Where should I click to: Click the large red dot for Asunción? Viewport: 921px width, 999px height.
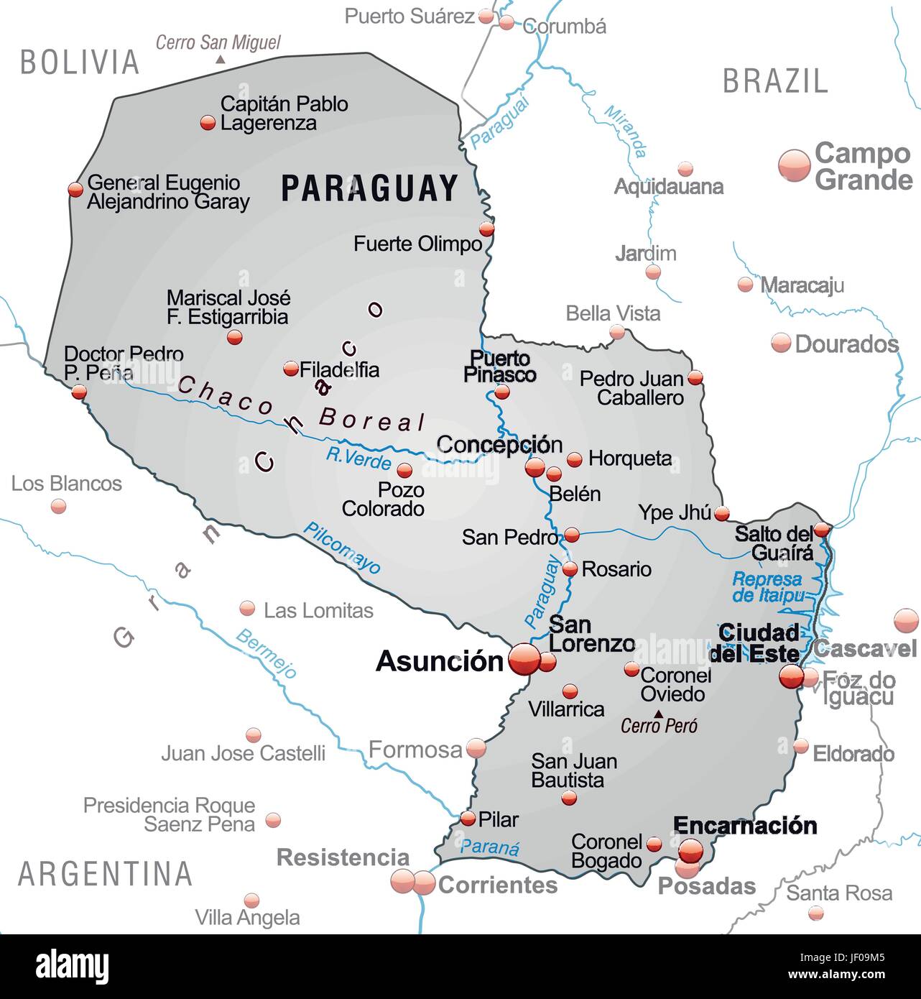tap(524, 659)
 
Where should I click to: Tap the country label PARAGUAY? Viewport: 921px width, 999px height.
tap(369, 188)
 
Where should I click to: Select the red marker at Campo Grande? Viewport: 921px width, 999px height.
tap(795, 165)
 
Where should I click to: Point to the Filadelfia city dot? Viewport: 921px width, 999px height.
tap(291, 369)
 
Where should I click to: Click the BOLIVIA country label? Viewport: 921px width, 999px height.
tap(79, 63)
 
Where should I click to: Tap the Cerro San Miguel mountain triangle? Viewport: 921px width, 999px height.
tap(220, 60)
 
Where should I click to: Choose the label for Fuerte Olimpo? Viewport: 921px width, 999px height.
tap(417, 244)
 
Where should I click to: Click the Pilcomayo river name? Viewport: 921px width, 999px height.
tap(342, 548)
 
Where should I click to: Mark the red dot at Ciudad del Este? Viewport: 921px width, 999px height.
tap(791, 676)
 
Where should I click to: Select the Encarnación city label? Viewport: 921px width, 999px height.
tap(745, 825)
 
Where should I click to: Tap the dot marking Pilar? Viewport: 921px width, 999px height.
tap(468, 818)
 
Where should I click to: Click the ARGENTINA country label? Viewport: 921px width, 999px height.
tap(105, 873)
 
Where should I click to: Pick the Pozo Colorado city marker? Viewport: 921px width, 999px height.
tap(404, 471)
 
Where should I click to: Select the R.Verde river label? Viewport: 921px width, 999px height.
tap(358, 457)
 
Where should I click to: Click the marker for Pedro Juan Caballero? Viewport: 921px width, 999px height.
tap(695, 377)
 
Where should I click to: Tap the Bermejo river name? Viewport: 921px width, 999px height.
tap(267, 653)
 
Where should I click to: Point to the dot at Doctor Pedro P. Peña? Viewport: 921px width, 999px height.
tap(79, 392)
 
